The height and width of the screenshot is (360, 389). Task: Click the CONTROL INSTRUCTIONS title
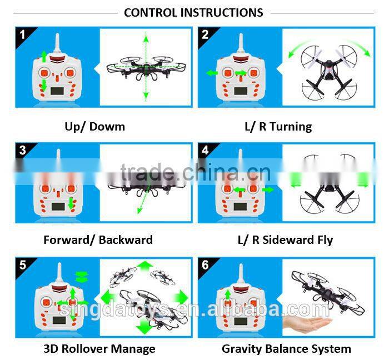point(193,12)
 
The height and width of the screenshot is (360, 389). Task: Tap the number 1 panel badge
point(23,35)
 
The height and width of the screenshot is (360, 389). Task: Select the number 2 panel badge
point(206,35)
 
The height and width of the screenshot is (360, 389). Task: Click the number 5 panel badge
point(23,265)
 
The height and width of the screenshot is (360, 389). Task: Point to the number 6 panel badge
point(206,265)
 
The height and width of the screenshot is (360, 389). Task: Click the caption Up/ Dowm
point(95,126)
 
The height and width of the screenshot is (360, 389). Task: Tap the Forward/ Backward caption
point(98,240)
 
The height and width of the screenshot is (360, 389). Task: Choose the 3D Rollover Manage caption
point(99,349)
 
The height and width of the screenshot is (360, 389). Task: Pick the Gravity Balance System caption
point(286,349)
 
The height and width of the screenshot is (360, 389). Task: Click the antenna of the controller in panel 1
point(57,44)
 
